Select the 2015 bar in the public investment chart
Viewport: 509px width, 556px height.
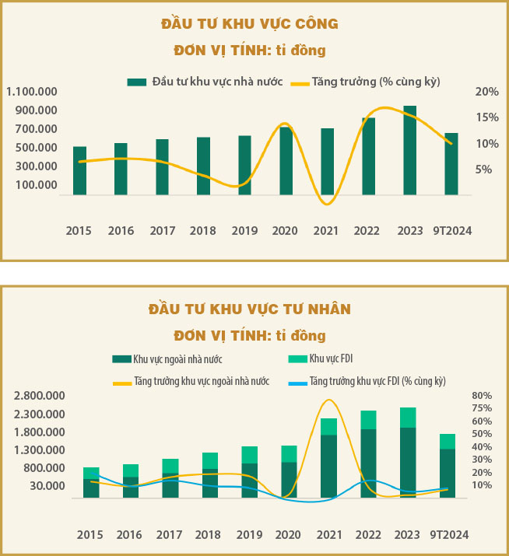pyautogui.click(x=79, y=170)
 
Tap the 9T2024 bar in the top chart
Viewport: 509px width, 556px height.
pyautogui.click(x=451, y=163)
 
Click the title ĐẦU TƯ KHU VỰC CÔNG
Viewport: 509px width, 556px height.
pyautogui.click(x=249, y=24)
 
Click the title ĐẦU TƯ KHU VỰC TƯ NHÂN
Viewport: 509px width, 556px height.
pyautogui.click(x=250, y=309)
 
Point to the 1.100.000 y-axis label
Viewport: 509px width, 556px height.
pyautogui.click(x=32, y=92)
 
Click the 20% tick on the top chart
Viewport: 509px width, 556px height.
pyautogui.click(x=486, y=92)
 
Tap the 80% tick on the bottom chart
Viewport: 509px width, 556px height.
pyautogui.click(x=482, y=396)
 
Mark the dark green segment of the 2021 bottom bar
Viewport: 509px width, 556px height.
pyautogui.click(x=329, y=466)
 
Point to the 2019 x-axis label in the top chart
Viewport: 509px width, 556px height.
pyautogui.click(x=244, y=231)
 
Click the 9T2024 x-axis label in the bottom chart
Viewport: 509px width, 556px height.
pyautogui.click(x=449, y=535)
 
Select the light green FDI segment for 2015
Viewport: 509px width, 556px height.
pyautogui.click(x=91, y=473)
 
